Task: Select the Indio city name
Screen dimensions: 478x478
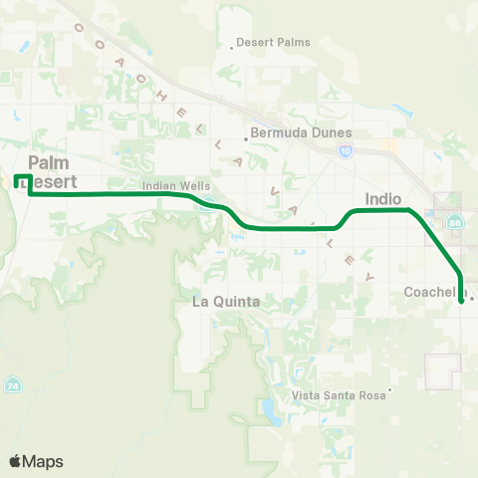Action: (x=383, y=198)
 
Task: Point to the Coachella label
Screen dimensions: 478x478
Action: (x=435, y=292)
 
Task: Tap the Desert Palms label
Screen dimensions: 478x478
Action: (x=274, y=43)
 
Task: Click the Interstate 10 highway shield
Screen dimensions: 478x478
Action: (x=345, y=151)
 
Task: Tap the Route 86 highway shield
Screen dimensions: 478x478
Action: (x=454, y=221)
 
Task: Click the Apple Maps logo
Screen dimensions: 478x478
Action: (x=36, y=460)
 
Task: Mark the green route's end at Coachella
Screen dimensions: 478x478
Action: (x=461, y=300)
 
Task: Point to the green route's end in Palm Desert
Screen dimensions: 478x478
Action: (x=16, y=181)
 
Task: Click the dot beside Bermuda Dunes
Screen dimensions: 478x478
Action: (x=246, y=139)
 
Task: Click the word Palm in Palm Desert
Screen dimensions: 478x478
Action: (x=49, y=162)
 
